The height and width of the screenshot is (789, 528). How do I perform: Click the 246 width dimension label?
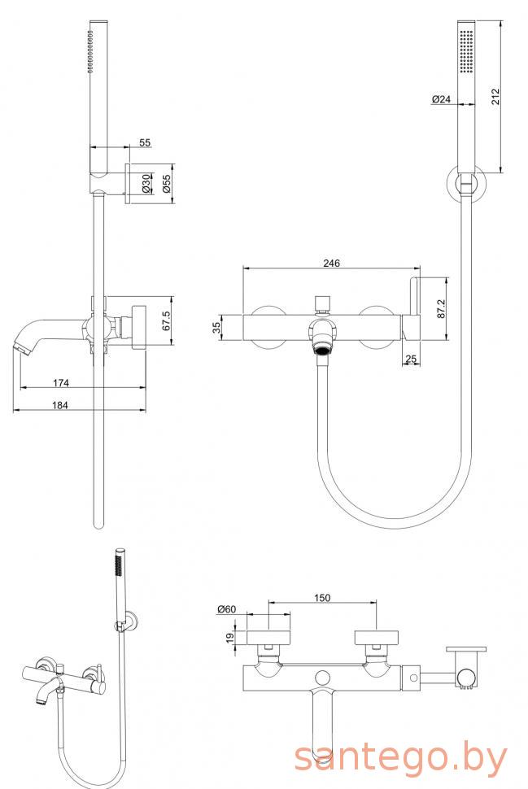click(x=330, y=263)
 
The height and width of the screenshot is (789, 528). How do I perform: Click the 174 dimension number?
click(x=59, y=381)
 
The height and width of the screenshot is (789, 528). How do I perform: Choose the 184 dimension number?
click(x=59, y=403)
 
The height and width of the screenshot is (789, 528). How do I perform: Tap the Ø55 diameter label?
click(x=166, y=183)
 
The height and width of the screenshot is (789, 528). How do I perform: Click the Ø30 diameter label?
click(x=147, y=184)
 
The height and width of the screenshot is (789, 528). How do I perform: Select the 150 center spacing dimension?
click(x=322, y=599)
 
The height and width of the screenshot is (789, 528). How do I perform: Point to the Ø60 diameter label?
click(x=226, y=609)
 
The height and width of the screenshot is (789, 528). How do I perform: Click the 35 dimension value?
click(x=216, y=328)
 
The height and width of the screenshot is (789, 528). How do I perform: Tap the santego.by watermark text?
click(x=400, y=758)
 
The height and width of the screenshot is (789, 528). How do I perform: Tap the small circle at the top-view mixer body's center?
click(x=323, y=676)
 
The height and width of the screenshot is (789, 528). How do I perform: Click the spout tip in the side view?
click(x=22, y=347)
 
